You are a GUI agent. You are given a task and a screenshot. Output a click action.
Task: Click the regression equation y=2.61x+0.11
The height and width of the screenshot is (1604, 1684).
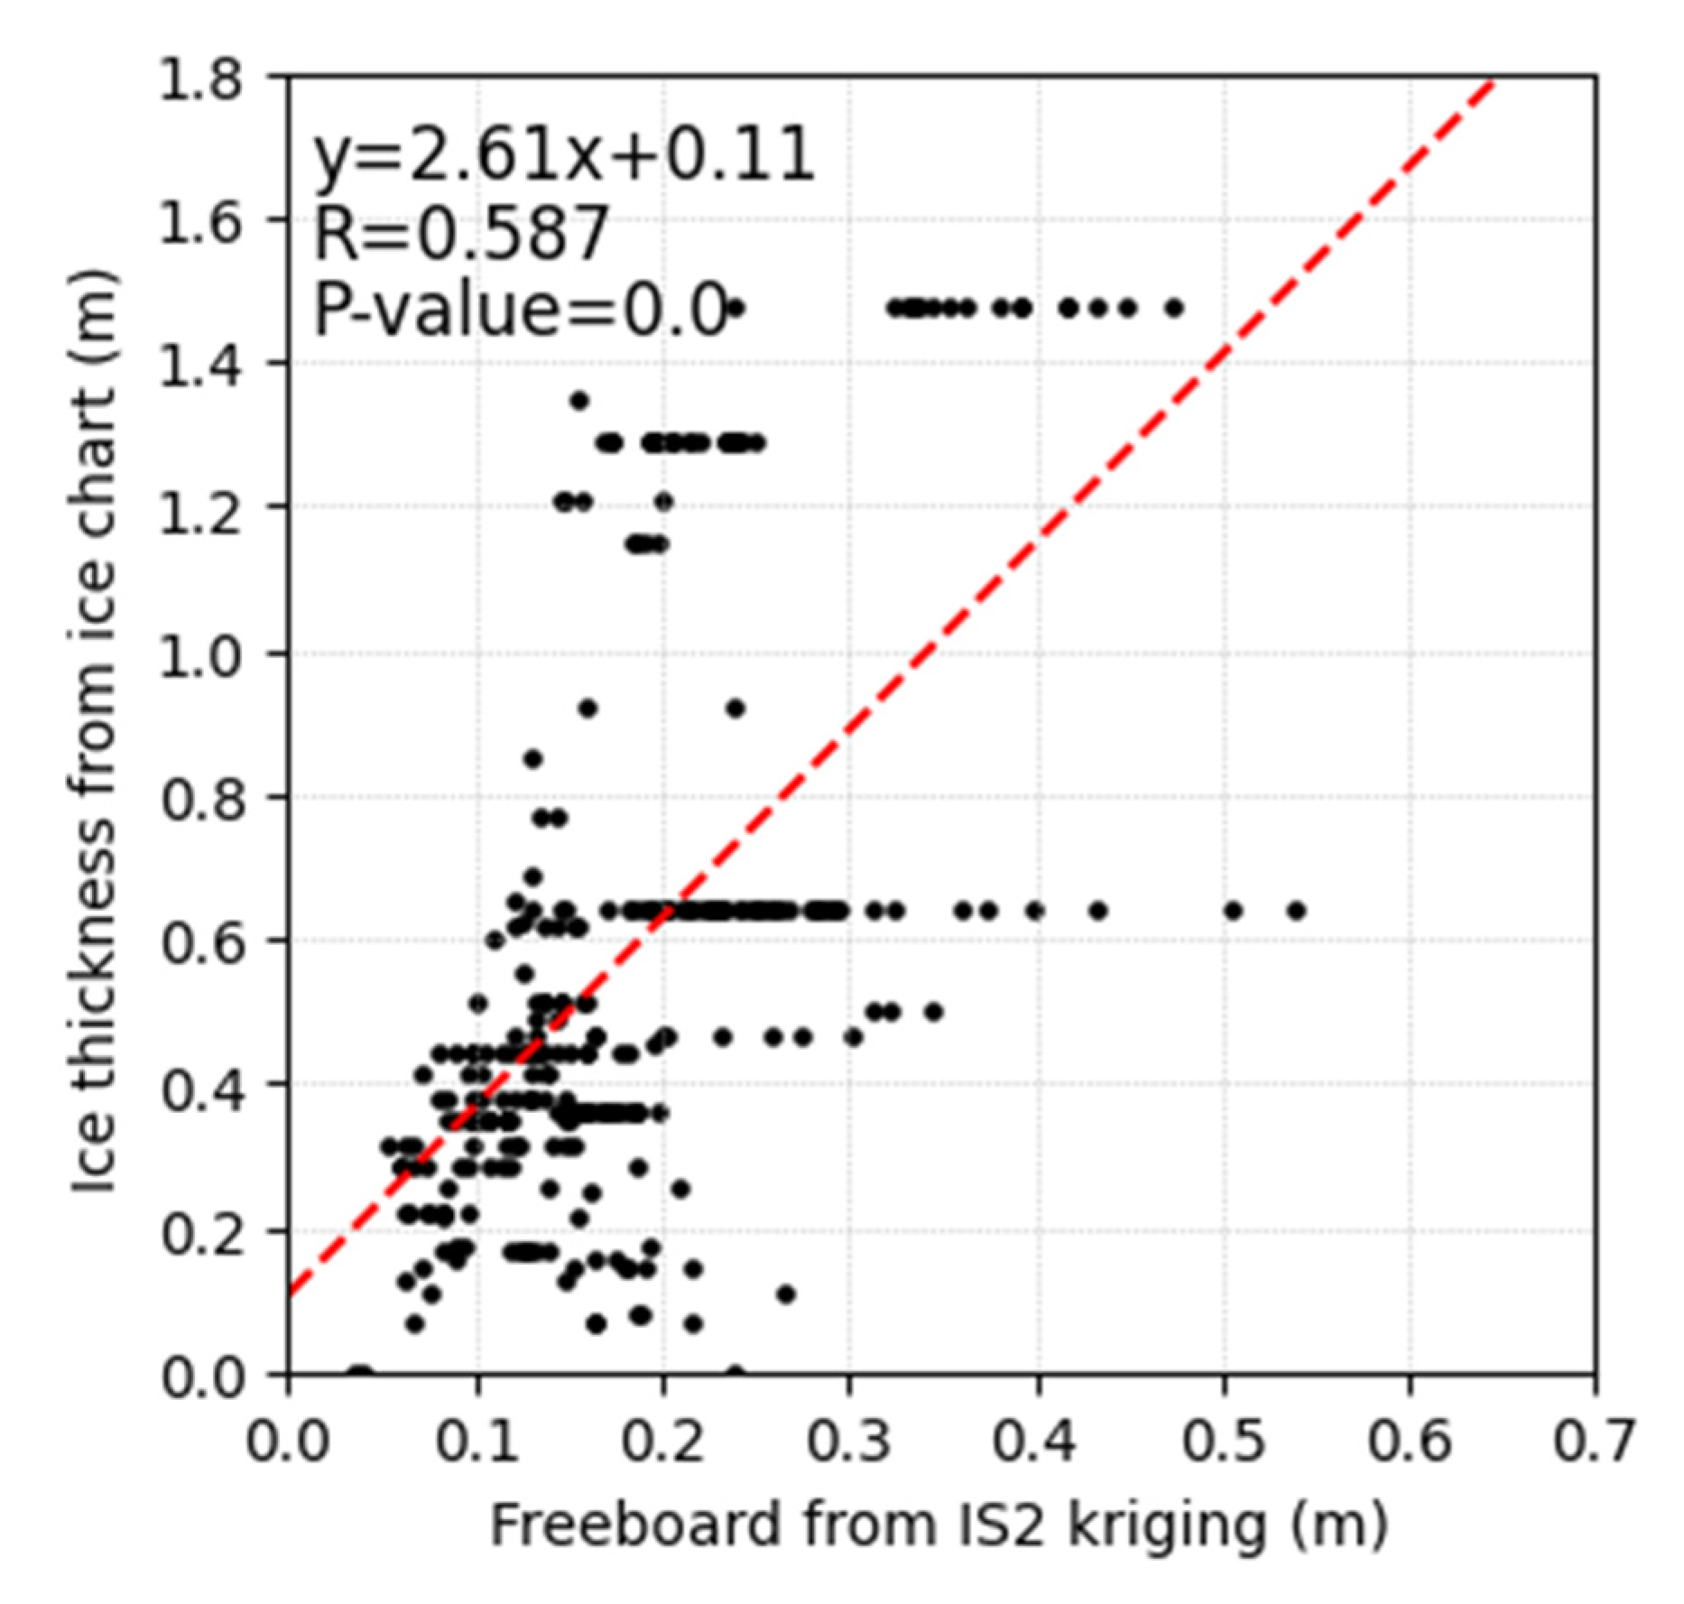point(563,155)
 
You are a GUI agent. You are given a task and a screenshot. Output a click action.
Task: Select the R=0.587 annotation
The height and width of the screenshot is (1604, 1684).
point(460,233)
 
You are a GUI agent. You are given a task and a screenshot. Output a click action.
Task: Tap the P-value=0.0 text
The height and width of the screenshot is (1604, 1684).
point(520,310)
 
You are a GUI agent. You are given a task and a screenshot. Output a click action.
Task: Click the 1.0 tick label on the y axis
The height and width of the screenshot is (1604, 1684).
point(201,653)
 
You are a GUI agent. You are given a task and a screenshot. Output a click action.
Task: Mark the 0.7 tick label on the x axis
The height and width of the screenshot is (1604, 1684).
point(1593,1442)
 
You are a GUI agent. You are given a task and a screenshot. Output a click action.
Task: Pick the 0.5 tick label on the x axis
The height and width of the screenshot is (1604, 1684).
point(1224,1442)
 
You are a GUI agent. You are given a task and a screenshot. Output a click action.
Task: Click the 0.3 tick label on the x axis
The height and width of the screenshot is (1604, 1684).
point(848,1442)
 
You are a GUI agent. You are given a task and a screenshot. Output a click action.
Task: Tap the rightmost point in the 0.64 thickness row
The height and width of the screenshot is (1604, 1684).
point(1297,911)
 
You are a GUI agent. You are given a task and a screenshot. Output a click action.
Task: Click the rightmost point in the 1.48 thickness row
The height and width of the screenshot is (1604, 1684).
point(1173,308)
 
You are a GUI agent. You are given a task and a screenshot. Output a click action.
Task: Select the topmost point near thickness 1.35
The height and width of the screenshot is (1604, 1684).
point(579,400)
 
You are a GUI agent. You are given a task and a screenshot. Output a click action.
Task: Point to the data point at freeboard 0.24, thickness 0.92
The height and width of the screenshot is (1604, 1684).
point(736,709)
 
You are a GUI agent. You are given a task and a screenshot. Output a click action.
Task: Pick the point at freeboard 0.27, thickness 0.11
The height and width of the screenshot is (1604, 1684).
point(786,1294)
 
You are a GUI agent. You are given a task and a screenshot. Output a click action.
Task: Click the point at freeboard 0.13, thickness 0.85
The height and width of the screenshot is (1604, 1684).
point(533,759)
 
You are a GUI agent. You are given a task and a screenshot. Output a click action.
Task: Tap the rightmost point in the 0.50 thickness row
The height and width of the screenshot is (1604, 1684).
point(934,1012)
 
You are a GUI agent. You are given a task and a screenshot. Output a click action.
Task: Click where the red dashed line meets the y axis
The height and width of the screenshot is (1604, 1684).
point(289,1296)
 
